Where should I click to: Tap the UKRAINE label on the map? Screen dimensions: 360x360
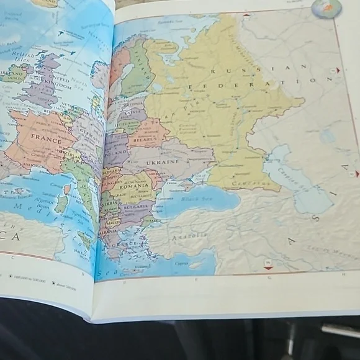coord(163,162)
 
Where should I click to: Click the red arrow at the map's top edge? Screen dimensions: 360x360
coord(247,14)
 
